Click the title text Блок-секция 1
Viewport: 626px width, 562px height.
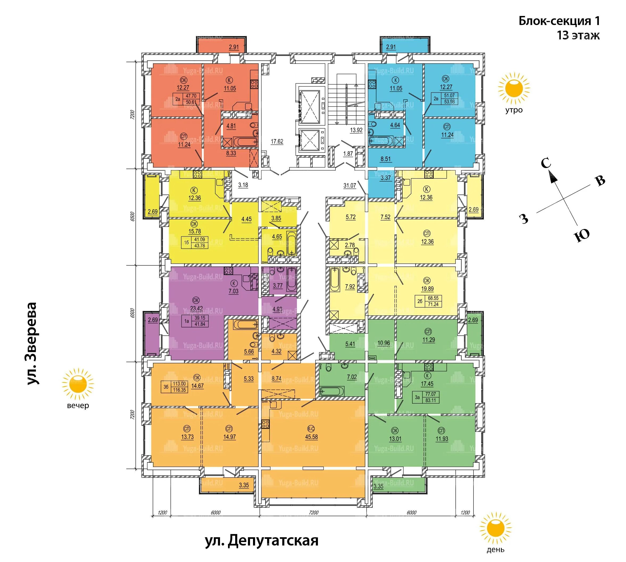click(x=559, y=21)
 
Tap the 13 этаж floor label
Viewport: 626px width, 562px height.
click(x=578, y=35)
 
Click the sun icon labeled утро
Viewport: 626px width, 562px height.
click(x=514, y=88)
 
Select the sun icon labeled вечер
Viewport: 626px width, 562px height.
click(x=78, y=384)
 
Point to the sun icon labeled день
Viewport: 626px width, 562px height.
click(x=495, y=528)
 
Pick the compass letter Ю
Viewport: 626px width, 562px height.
click(x=581, y=236)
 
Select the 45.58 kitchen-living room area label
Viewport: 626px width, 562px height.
click(x=311, y=437)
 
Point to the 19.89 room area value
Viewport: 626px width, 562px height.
click(x=427, y=289)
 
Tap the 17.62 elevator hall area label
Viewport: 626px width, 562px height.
click(x=277, y=141)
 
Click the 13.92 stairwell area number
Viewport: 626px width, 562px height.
click(x=356, y=130)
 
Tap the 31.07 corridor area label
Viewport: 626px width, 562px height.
click(x=350, y=186)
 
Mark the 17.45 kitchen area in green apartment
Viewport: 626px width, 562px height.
click(x=427, y=384)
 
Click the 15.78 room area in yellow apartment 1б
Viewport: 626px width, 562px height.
click(x=195, y=231)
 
